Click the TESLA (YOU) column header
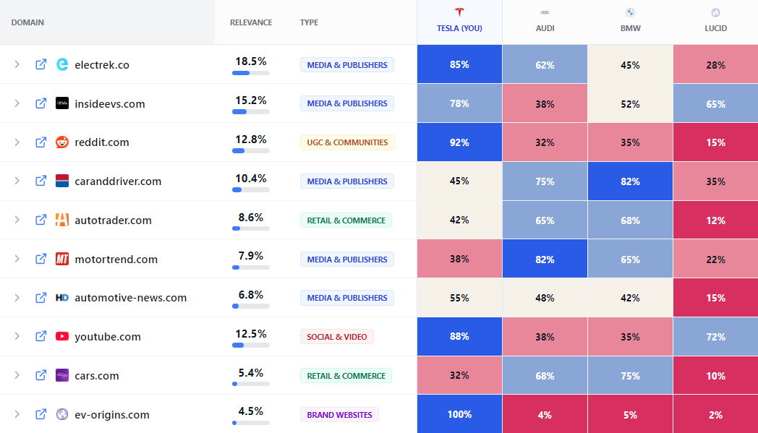coord(459,28)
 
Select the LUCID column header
coord(715,28)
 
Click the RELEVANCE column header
coord(251,22)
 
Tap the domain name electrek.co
coord(102,64)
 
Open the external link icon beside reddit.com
coord(41,142)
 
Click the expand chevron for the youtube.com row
coord(17,337)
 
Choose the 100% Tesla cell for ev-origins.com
coord(459,414)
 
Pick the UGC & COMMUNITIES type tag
coord(347,142)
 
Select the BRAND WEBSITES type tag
coord(339,415)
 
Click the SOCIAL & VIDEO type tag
coord(336,337)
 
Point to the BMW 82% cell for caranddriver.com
coord(630,181)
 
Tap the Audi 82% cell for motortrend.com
coord(545,259)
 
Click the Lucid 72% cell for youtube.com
coord(715,337)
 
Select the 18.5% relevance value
coord(251,61)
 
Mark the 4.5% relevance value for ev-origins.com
coord(251,411)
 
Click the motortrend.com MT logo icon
coord(62,259)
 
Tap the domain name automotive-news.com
coord(130,298)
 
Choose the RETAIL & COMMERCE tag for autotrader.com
coord(346,220)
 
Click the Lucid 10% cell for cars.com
coord(715,376)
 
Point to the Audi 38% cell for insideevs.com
coord(545,103)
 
